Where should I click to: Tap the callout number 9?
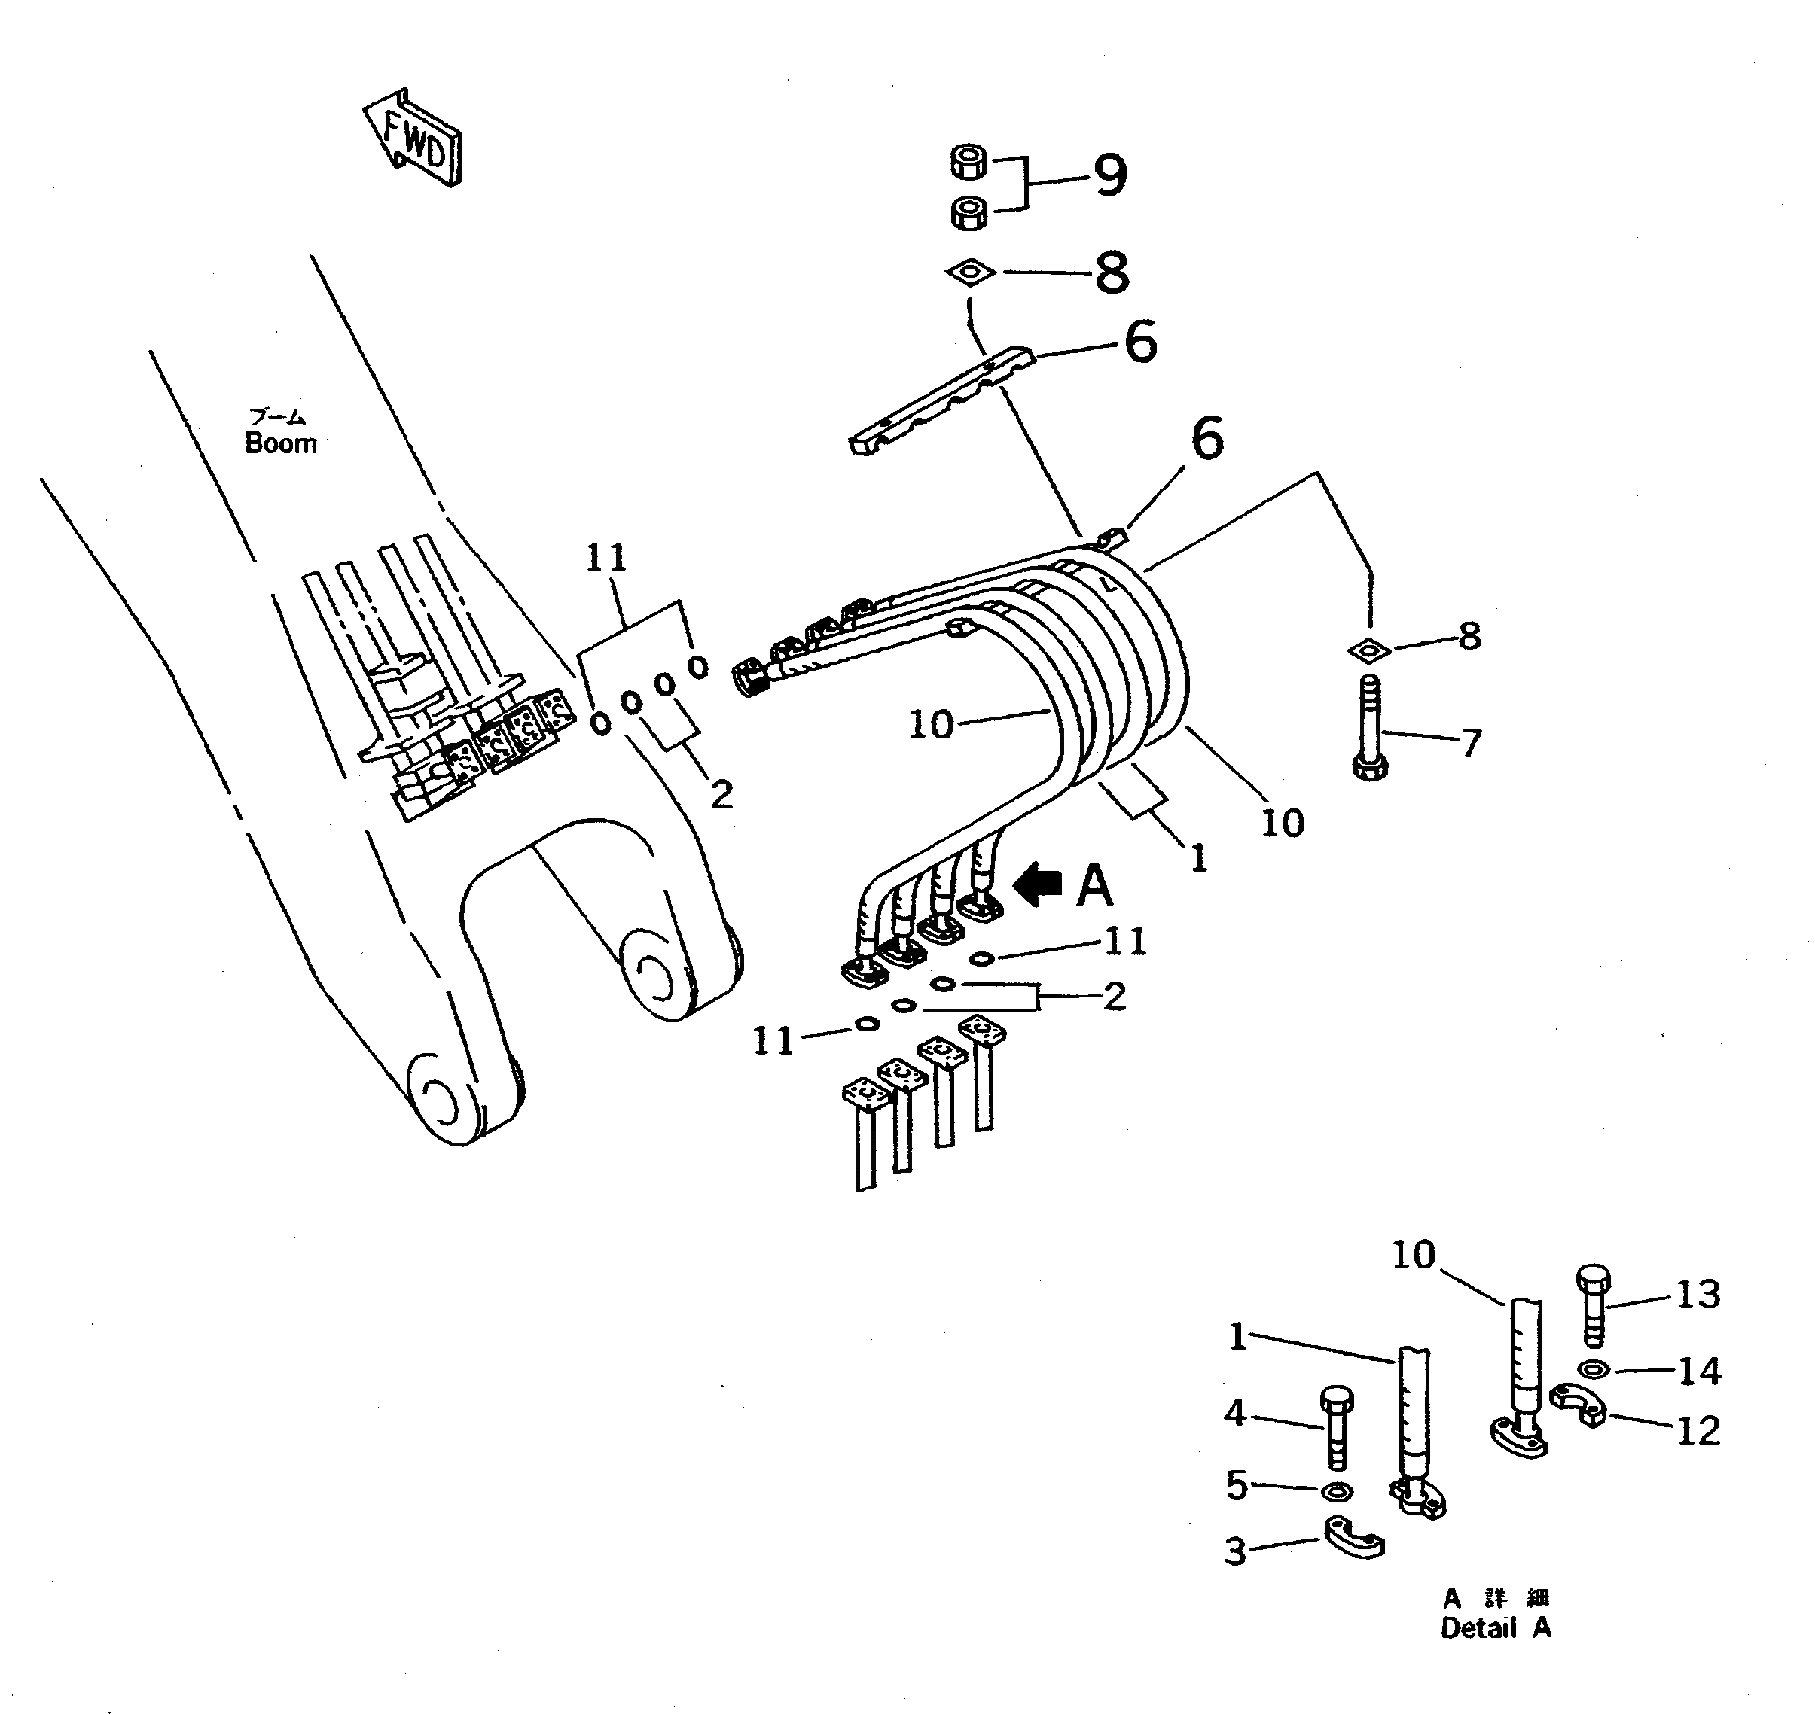coord(1109,175)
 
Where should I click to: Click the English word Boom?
coord(281,443)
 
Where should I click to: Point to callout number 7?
coord(1471,744)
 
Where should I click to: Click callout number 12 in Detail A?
coord(1698,1431)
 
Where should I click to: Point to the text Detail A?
coord(1496,1627)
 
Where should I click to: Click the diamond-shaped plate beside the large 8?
coord(971,272)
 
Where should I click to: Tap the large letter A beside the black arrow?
coord(1095,885)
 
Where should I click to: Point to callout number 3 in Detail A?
coord(1236,1551)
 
